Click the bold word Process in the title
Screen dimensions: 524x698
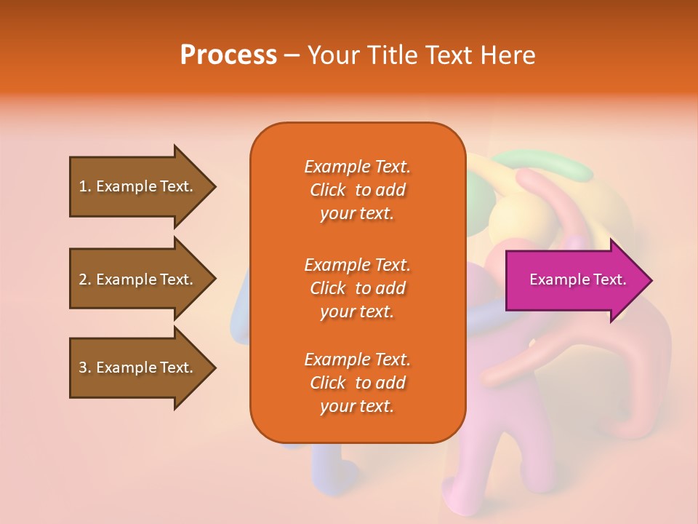click(228, 55)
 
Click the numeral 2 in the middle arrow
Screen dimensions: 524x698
click(83, 279)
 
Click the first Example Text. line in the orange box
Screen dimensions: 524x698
click(357, 167)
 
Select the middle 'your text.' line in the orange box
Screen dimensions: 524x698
click(357, 311)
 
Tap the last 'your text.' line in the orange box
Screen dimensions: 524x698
click(357, 406)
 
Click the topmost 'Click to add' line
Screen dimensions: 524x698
click(357, 190)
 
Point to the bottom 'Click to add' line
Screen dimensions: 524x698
click(357, 383)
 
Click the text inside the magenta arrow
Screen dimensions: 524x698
click(577, 279)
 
